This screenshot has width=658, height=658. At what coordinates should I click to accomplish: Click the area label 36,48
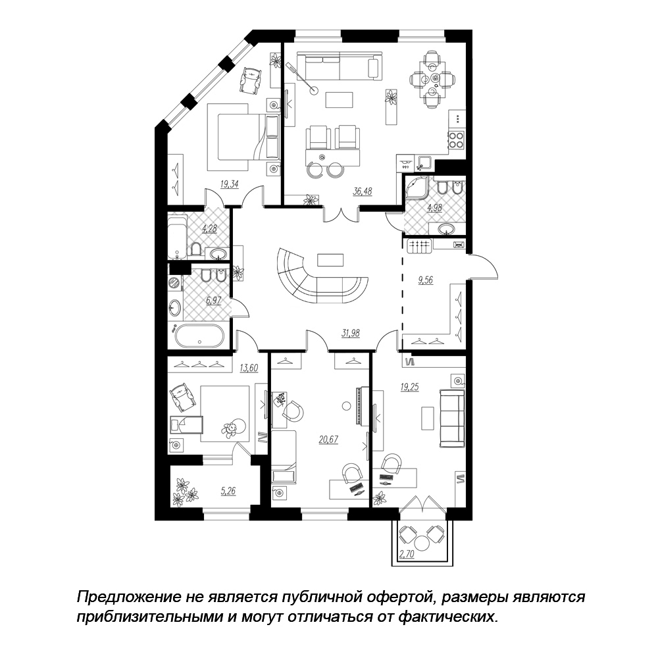point(362,191)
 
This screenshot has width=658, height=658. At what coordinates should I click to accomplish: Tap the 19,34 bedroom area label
point(230,184)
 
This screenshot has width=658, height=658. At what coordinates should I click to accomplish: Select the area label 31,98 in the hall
point(351,333)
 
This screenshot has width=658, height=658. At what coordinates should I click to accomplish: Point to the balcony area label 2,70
point(407,554)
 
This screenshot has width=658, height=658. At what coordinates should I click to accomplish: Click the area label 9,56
point(425,280)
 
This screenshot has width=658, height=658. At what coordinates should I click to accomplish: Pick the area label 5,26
point(228,490)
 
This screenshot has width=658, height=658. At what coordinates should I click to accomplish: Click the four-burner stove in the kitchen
point(456,139)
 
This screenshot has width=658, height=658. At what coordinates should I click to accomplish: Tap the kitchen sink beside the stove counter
point(426,163)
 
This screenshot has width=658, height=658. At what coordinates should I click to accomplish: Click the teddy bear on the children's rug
point(230,429)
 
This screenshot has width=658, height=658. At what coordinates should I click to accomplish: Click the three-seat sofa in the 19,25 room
point(452,418)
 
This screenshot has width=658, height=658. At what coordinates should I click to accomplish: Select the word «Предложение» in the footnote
point(128,597)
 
